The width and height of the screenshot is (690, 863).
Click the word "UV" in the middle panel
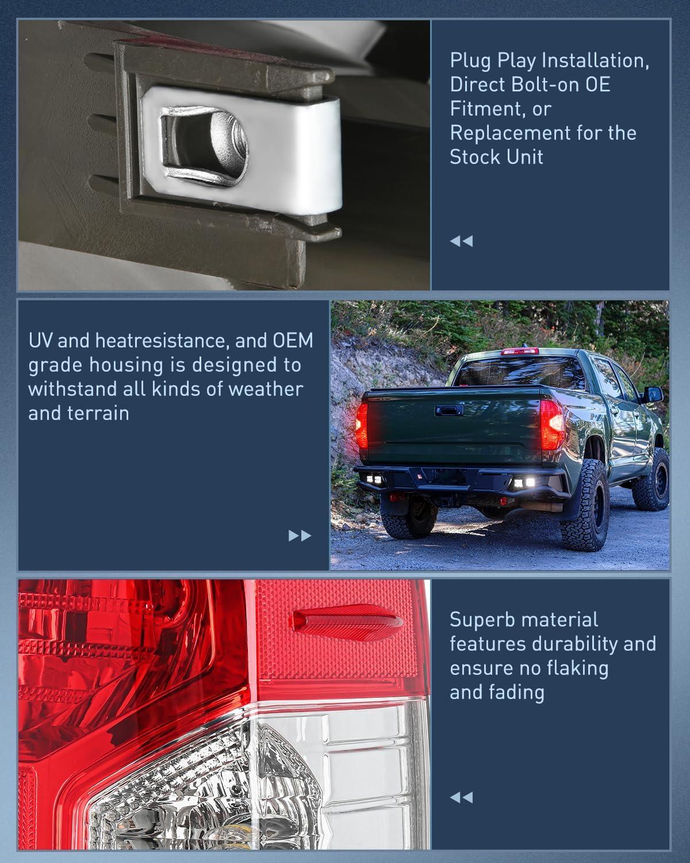[40, 341]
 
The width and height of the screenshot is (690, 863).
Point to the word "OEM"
[293, 341]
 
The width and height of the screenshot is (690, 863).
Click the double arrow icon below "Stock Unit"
[462, 241]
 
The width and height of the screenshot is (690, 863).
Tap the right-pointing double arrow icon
[300, 536]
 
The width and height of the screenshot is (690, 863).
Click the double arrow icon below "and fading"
[462, 797]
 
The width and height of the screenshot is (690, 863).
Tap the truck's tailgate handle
[449, 410]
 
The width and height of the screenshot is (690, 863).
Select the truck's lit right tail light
[551, 425]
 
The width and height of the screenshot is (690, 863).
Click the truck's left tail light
[362, 425]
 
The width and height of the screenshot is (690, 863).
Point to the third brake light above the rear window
[519, 352]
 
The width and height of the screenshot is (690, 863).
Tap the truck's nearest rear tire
[585, 505]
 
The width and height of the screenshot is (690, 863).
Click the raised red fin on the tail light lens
[346, 622]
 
